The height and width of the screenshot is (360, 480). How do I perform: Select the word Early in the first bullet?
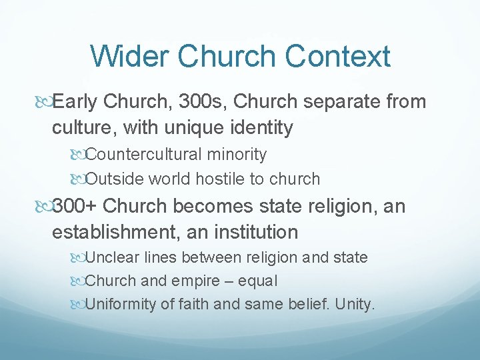(75, 102)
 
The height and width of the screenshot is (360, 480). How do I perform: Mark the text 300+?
(75, 207)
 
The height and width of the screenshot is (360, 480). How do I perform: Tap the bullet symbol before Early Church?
(43, 103)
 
